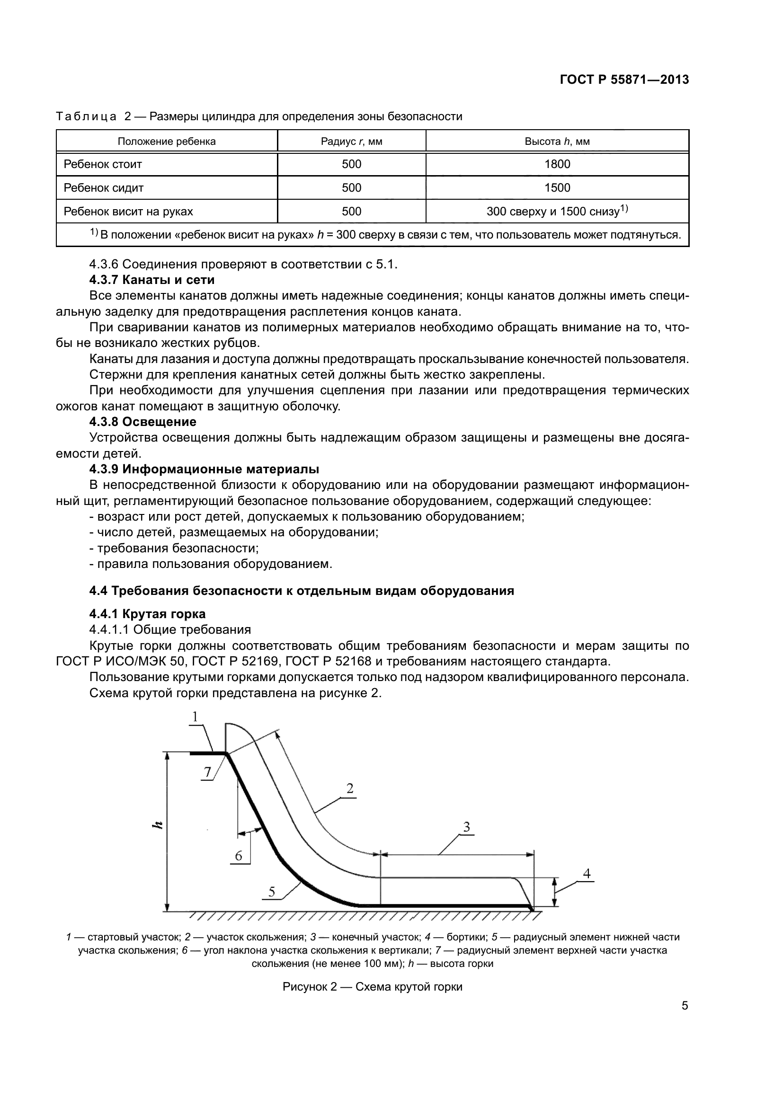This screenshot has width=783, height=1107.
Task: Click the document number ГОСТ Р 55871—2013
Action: pyautogui.click(x=624, y=80)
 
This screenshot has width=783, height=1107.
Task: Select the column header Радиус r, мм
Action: pyautogui.click(x=351, y=141)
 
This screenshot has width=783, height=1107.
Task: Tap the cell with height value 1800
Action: pyautogui.click(x=557, y=164)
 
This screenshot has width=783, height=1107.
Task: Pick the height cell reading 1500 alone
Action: pyautogui.click(x=557, y=187)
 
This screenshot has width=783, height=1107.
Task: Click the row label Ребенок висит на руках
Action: pyautogui.click(x=128, y=211)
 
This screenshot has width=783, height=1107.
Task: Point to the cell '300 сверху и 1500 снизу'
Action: pyautogui.click(x=557, y=211)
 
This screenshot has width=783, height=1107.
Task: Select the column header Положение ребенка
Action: pyautogui.click(x=167, y=141)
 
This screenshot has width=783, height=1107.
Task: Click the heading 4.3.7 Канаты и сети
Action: pyautogui.click(x=152, y=280)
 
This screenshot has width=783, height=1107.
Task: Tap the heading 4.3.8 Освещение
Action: pyautogui.click(x=142, y=422)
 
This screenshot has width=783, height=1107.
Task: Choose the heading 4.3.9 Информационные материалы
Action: pyautogui.click(x=204, y=469)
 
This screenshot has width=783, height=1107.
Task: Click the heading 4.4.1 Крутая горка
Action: pyautogui.click(x=148, y=614)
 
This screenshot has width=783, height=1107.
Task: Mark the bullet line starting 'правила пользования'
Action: pyautogui.click(x=211, y=564)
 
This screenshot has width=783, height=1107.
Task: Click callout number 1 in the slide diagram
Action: pyautogui.click(x=195, y=717)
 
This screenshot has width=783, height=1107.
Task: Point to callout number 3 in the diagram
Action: pyautogui.click(x=466, y=827)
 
